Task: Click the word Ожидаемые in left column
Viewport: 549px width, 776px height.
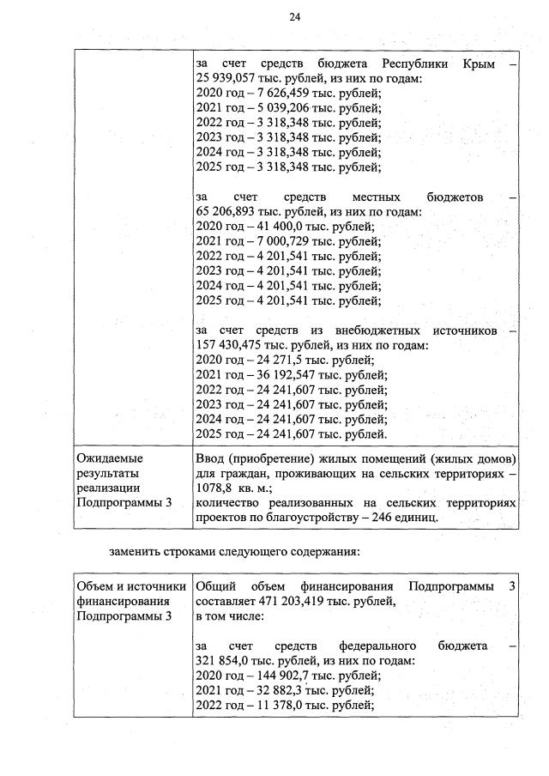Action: pos(111,458)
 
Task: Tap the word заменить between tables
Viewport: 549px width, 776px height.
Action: pos(140,550)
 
